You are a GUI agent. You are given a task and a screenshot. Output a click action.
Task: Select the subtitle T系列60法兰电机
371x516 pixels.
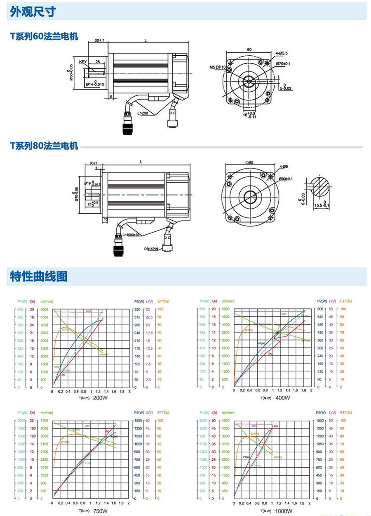coord(44,36)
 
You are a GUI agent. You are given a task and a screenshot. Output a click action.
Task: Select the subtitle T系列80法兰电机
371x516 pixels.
coord(44,146)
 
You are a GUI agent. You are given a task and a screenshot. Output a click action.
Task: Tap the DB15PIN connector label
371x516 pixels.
coord(152,249)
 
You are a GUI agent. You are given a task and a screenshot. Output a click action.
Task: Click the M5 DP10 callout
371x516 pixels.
coord(218,67)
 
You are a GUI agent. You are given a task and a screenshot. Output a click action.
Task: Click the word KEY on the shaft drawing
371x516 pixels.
coord(83,62)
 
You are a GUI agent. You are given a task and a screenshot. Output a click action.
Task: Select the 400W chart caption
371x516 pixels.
coord(283,398)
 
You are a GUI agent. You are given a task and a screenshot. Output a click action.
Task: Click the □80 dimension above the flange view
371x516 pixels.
coord(249,162)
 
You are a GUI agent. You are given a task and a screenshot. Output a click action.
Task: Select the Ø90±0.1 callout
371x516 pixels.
coord(285,178)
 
